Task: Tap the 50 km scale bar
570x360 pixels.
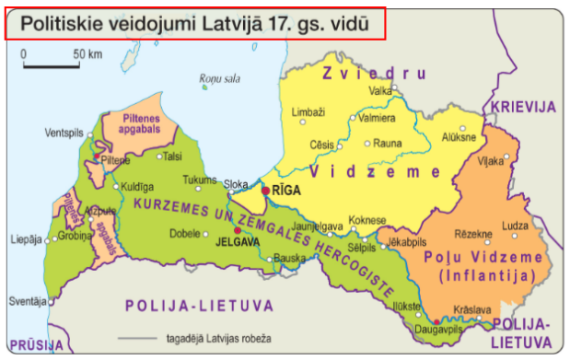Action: click(x=50, y=65)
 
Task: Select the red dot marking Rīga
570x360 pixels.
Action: click(x=265, y=191)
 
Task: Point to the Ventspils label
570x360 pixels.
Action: click(x=64, y=130)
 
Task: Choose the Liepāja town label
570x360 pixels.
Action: click(x=25, y=240)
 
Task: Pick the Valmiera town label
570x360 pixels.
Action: click(x=377, y=119)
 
